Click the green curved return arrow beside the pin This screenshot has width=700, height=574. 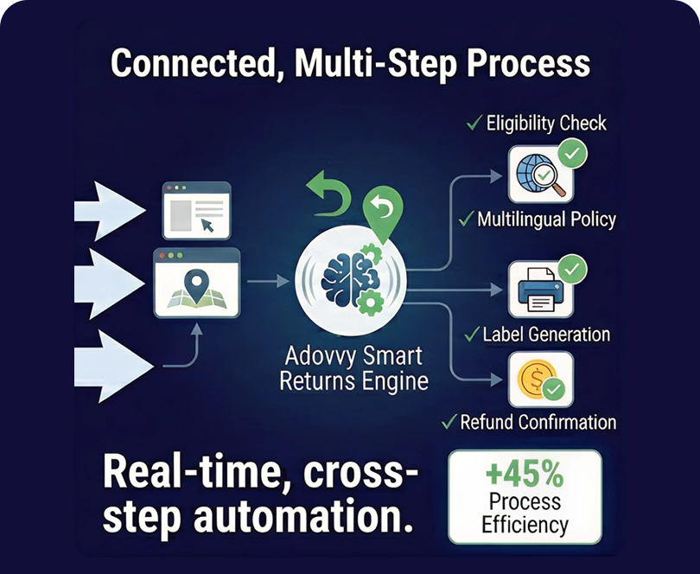tap(329, 192)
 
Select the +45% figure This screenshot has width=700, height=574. tap(524, 475)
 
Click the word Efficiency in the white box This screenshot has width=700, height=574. tap(525, 525)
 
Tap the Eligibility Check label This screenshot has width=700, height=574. tap(545, 124)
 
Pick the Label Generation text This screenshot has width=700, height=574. tap(546, 334)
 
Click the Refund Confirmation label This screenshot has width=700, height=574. tap(538, 422)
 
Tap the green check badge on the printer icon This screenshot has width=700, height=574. tap(571, 270)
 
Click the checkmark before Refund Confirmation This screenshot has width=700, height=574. tap(449, 422)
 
